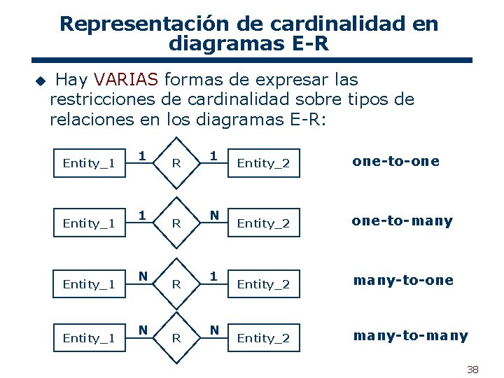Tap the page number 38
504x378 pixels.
[x=472, y=370]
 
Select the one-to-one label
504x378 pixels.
[x=396, y=161]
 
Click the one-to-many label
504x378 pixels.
[x=402, y=221]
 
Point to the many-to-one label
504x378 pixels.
[x=403, y=281]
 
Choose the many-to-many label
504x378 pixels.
[x=410, y=336]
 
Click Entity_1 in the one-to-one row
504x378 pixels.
[x=89, y=163]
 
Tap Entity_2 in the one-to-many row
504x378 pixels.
[x=263, y=223]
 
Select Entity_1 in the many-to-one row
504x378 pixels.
[x=89, y=283]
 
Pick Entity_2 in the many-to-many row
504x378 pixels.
[x=263, y=338]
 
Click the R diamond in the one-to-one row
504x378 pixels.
[x=176, y=164]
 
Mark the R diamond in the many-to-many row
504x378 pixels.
[x=176, y=338]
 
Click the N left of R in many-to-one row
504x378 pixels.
[x=142, y=276]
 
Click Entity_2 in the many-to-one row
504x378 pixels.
[x=263, y=284]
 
